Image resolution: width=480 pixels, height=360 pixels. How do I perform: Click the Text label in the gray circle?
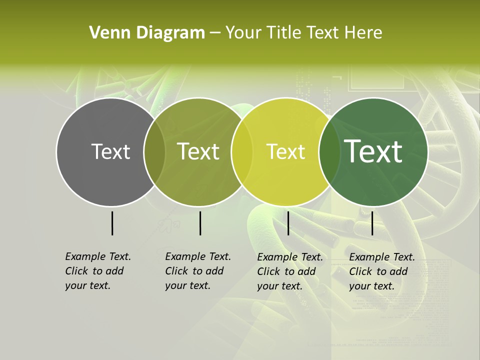[x=110, y=151]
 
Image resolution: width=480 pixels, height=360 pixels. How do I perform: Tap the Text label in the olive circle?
[x=198, y=151]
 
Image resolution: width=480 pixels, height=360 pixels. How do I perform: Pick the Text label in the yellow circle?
[x=285, y=151]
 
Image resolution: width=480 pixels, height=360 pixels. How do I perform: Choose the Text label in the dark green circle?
[x=373, y=151]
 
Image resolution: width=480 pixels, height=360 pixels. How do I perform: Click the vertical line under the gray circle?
[x=112, y=223]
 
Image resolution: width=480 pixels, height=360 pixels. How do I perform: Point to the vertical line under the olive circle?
[x=200, y=223]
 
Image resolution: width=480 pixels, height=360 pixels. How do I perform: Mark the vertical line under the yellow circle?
[x=288, y=223]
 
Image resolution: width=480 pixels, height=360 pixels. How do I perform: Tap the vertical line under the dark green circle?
[x=372, y=223]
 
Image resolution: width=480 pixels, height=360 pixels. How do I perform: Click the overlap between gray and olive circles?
[x=154, y=152]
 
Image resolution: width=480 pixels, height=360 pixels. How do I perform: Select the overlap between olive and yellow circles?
[x=242, y=152]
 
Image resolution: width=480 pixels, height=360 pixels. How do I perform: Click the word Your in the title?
[x=244, y=33]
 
